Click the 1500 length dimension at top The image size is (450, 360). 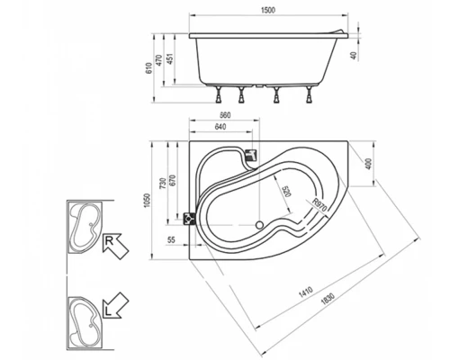coord(268,10)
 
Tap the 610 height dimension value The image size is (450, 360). coord(149,68)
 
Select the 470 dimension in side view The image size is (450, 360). coord(159,60)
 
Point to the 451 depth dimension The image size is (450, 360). coord(169,59)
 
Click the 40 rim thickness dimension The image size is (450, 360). coord(354,56)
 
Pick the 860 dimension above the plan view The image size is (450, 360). coord(225,115)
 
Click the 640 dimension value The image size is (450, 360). coord(220,127)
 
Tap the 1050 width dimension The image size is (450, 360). coord(147,201)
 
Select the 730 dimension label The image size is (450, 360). coord(163,184)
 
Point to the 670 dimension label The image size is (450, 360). coord(173,181)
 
